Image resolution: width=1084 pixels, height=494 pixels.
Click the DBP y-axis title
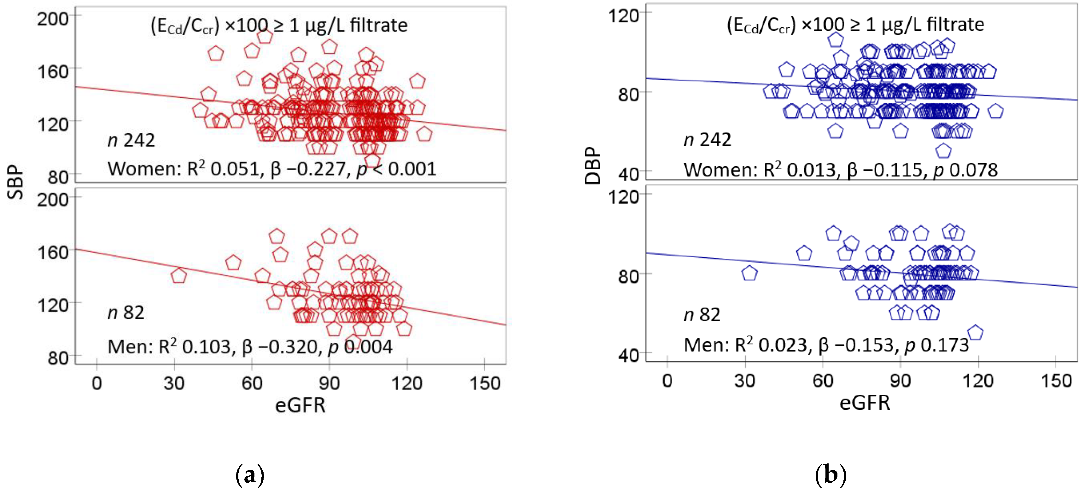tap(592, 166)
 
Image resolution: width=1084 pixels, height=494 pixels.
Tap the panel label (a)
tap(250, 475)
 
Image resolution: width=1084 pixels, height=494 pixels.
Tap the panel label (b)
tap(830, 475)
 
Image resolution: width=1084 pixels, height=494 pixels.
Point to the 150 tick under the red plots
tap(485, 383)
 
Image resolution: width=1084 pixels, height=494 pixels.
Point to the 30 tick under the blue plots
tap(744, 381)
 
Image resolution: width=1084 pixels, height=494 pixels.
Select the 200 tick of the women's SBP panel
tap(53, 19)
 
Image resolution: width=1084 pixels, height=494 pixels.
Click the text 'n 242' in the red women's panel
tap(131, 140)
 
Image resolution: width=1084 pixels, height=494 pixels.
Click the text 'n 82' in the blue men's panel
tap(702, 315)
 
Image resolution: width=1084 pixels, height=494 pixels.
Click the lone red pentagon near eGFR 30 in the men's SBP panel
tap(178, 276)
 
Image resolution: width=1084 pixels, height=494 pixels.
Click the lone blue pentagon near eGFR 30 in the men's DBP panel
tap(749, 274)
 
